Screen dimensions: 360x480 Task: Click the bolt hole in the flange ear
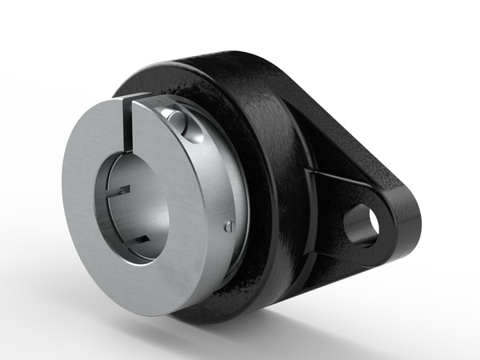click(x=361, y=225)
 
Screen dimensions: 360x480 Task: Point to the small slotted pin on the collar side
click(x=230, y=226)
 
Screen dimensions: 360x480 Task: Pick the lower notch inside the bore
click(x=136, y=237)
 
